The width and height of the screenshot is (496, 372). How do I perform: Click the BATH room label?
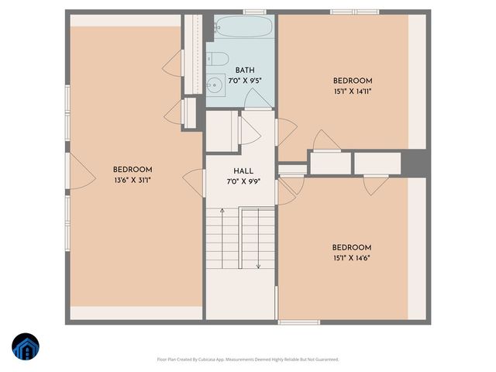[235, 70]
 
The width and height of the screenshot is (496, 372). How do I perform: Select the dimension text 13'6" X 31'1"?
[133, 180]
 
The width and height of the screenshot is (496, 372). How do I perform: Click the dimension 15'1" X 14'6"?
[353, 258]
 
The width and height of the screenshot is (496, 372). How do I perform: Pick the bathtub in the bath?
[243, 32]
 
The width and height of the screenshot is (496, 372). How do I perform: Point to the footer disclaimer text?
[248, 359]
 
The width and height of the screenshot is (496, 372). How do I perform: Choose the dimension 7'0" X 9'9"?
[243, 181]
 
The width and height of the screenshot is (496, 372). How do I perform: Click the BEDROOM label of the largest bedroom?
[133, 170]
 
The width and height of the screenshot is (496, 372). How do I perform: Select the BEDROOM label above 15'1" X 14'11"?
[353, 81]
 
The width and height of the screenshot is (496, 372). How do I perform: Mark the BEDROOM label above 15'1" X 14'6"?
[353, 248]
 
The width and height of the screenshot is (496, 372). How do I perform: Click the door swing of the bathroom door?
[256, 98]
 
